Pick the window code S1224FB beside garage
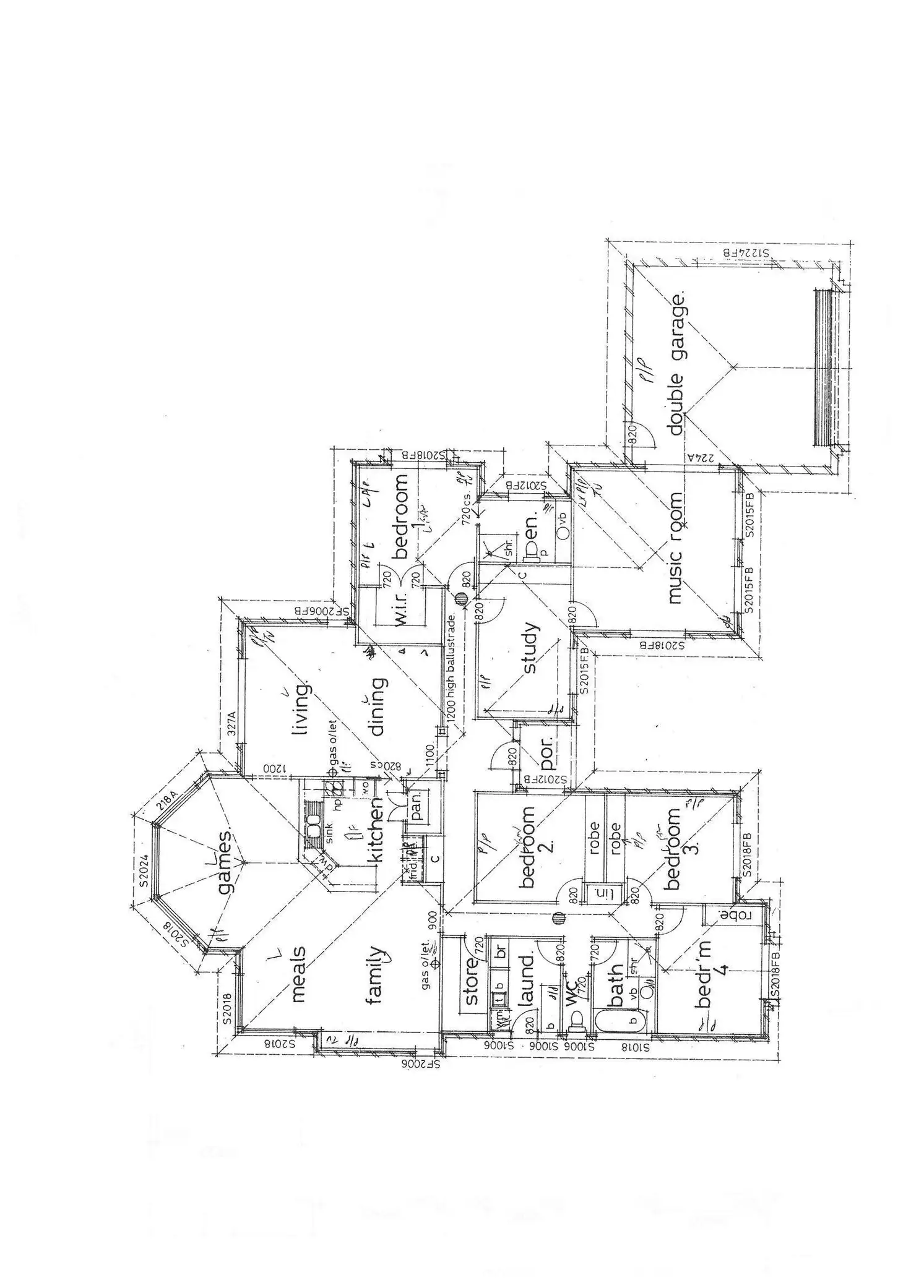pos(746,253)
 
